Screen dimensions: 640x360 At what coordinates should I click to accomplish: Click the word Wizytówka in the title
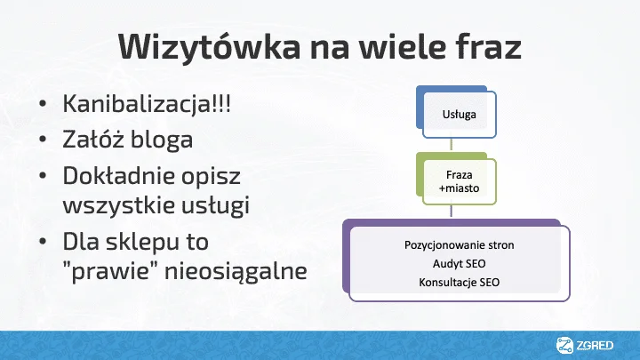coord(210,47)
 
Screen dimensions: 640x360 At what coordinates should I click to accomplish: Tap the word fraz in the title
coord(489,46)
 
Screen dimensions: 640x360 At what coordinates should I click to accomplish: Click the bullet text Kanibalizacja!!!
coord(147,103)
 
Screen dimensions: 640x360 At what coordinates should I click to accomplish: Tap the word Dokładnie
coord(117,175)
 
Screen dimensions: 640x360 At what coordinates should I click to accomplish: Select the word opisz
coord(211,177)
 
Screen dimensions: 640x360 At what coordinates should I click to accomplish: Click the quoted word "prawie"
coord(111,271)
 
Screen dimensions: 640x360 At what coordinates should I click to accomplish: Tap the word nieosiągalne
coord(236,271)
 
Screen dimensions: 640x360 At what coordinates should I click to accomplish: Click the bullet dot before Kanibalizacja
coord(43,104)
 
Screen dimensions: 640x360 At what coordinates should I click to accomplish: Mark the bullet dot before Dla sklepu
coord(43,242)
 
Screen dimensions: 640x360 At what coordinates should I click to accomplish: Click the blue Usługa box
coord(456,112)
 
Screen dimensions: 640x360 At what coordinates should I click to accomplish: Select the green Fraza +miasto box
coord(456,179)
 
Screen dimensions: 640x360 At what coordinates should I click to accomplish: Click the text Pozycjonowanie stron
coord(460,245)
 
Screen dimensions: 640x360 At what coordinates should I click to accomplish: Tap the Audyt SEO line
coord(460,264)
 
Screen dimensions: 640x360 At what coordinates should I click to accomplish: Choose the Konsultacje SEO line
coord(460,282)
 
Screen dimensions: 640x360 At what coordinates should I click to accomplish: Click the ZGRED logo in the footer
coord(585,345)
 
